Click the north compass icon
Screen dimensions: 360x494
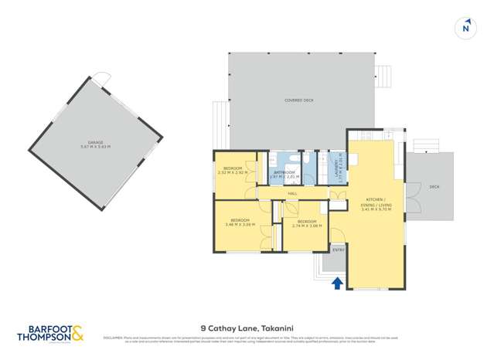click(465, 27)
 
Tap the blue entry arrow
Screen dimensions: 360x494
click(336, 284)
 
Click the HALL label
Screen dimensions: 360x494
click(292, 193)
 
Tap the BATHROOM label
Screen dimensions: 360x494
click(285, 172)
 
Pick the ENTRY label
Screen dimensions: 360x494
click(337, 250)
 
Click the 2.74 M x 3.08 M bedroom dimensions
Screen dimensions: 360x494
click(306, 225)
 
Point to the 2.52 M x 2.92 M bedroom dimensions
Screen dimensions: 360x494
click(233, 172)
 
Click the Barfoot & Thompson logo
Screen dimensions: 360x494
click(50, 333)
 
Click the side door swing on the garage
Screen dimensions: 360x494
click(101, 76)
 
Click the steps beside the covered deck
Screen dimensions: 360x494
click(382, 77)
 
